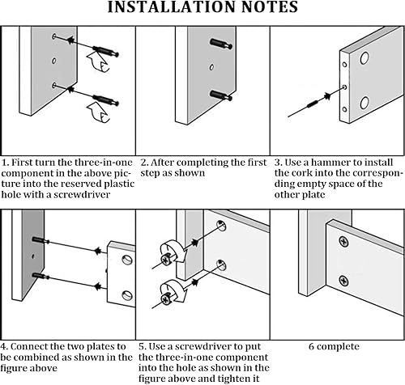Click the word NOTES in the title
click(270, 7)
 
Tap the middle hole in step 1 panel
click(54, 61)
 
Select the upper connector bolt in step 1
click(105, 52)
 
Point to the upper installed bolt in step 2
click(221, 44)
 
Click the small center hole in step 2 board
click(211, 67)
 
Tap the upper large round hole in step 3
click(364, 58)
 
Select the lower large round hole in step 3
click(364, 103)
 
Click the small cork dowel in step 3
click(313, 104)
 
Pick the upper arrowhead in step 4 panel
click(98, 251)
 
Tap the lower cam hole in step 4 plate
click(127, 296)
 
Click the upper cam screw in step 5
click(165, 259)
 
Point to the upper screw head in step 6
click(343, 242)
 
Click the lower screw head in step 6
click(343, 281)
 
